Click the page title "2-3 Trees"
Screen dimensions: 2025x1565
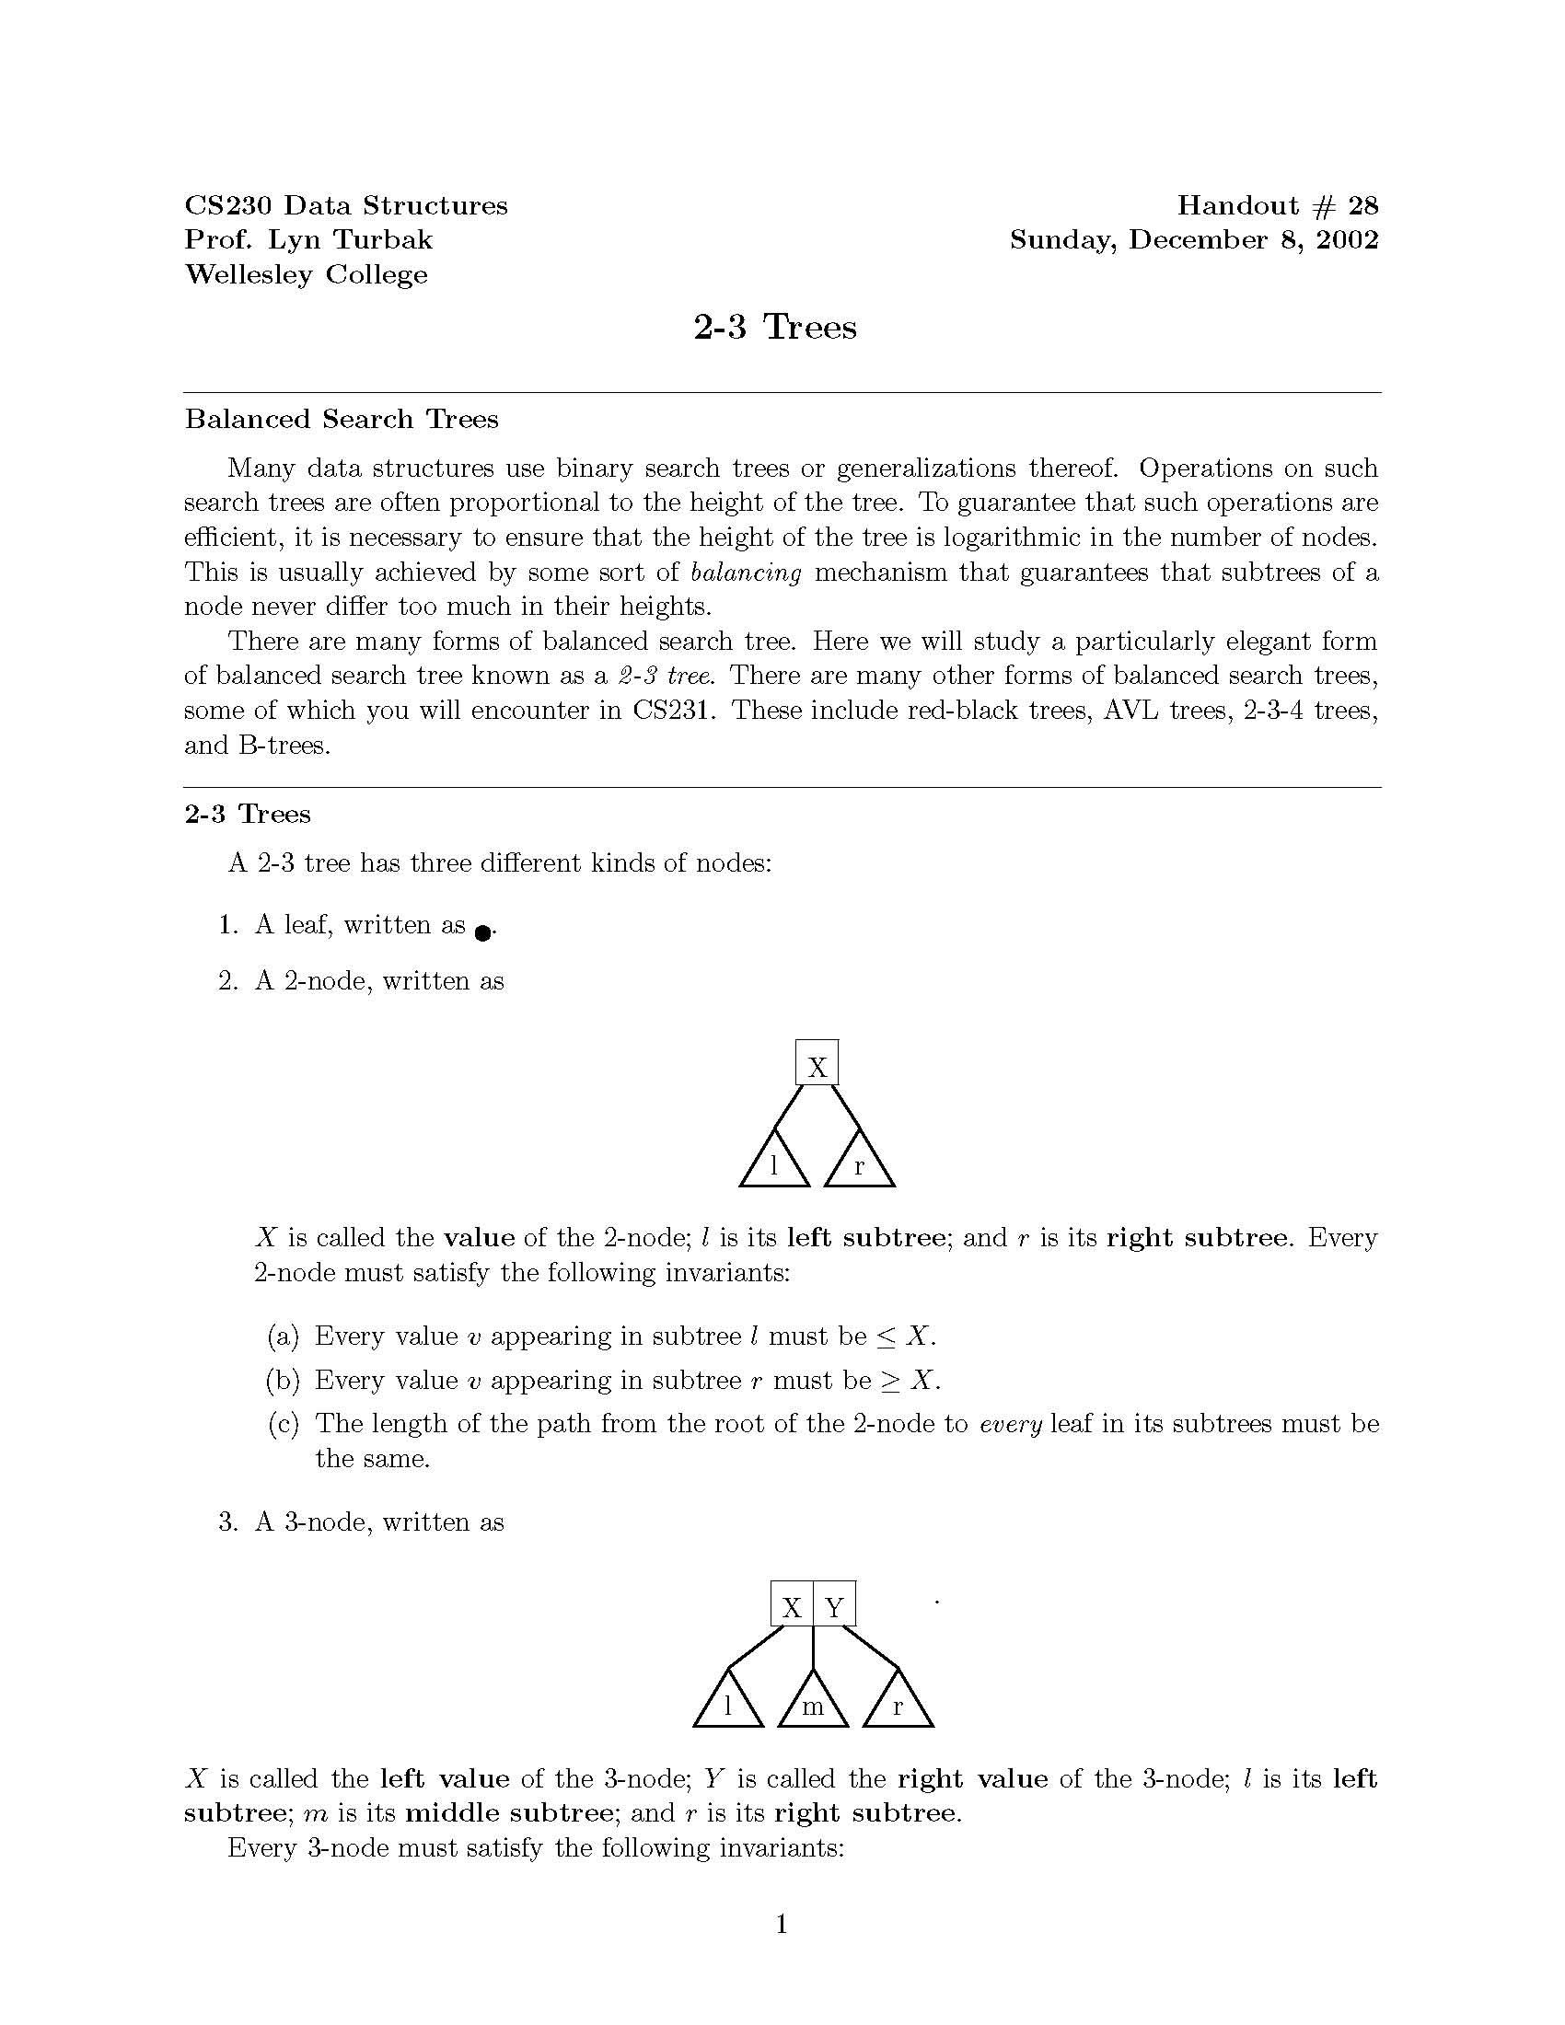(x=775, y=328)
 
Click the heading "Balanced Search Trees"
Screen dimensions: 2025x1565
(x=342, y=419)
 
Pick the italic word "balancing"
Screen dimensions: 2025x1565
(x=746, y=573)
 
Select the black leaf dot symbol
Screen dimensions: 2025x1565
(x=482, y=932)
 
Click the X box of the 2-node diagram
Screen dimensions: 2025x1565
(x=817, y=1062)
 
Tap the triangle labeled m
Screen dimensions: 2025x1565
(x=813, y=1704)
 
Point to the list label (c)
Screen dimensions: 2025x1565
(x=283, y=1423)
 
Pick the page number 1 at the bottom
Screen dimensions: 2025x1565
(x=782, y=1925)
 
